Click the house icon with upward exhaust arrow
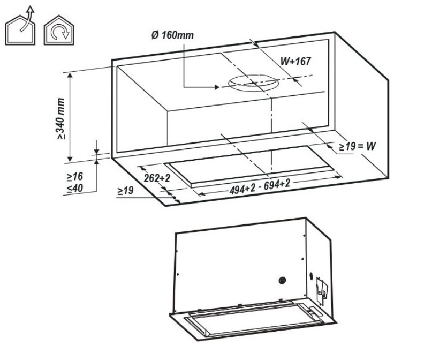(20, 27)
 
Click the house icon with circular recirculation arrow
(59, 30)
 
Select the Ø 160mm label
(172, 35)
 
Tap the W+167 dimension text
(295, 61)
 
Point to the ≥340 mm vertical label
(60, 118)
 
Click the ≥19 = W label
(358, 146)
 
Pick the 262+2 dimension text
(157, 178)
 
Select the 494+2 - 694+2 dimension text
(260, 187)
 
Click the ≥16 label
(74, 176)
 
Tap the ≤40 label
(74, 188)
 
